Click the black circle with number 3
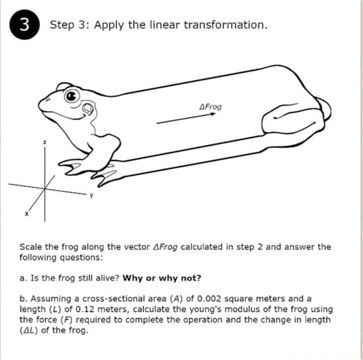click(24, 24)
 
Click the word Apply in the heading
click(109, 25)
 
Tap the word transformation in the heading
click(226, 25)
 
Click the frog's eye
click(72, 96)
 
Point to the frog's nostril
click(48, 100)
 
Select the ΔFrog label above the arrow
click(210, 107)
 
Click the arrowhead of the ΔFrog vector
click(213, 114)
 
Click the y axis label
click(91, 196)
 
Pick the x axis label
click(27, 214)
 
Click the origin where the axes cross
click(45, 189)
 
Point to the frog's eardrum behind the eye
click(88, 108)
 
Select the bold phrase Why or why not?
click(162, 278)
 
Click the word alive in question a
click(107, 278)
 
